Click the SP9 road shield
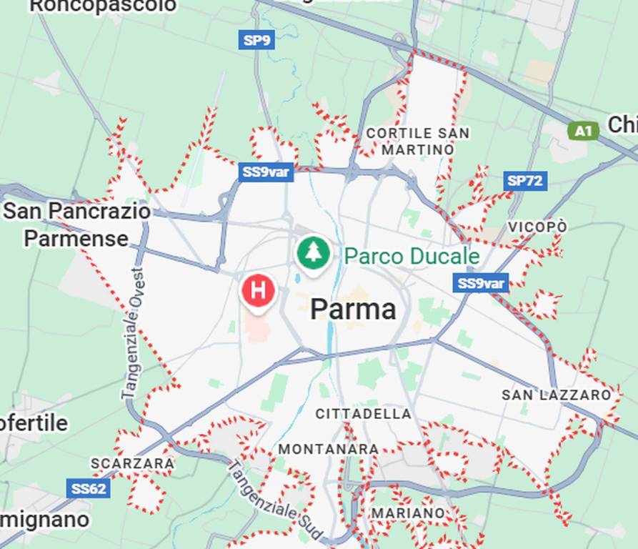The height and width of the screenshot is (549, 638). (256, 40)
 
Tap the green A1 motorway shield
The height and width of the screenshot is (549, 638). (583, 130)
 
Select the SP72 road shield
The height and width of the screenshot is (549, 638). (525, 181)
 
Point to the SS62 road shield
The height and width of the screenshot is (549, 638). (89, 489)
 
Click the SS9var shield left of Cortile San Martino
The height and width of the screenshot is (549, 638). (266, 172)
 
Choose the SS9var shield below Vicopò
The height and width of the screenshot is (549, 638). (481, 283)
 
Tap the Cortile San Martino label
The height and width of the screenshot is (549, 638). (418, 142)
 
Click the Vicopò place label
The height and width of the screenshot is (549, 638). (537, 227)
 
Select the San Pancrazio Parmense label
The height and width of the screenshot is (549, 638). (77, 224)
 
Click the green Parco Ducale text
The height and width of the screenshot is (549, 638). (412, 256)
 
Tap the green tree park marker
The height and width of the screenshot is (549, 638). (312, 252)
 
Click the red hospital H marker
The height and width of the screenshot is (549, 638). (258, 290)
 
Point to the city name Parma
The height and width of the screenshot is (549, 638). (353, 310)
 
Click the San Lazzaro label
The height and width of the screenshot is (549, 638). (557, 395)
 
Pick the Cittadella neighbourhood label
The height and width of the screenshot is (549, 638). (363, 414)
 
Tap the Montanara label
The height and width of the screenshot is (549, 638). (328, 449)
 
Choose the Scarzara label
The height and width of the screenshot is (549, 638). (133, 463)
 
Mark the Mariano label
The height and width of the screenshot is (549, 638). (407, 513)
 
